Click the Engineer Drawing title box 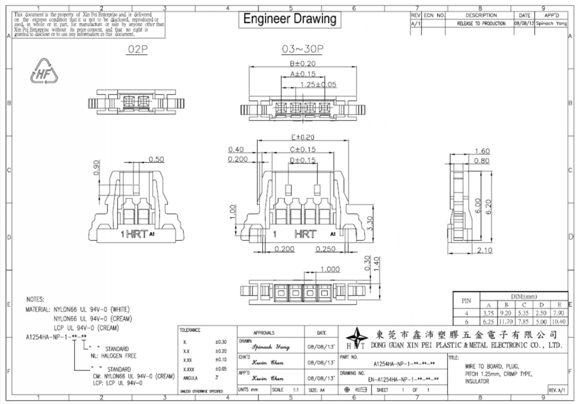(x=290, y=19)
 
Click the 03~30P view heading (x=302, y=50)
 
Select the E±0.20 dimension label (x=301, y=137)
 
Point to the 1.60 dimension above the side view (x=482, y=151)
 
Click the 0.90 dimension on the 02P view (x=96, y=168)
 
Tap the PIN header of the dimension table (x=467, y=300)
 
